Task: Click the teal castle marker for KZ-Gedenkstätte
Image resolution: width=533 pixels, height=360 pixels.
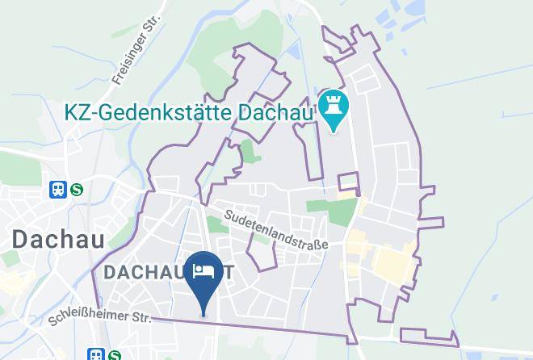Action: pyautogui.click(x=332, y=108)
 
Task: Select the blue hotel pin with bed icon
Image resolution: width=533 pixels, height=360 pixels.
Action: pyautogui.click(x=204, y=278)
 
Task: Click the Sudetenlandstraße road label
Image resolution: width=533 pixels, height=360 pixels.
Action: pyautogui.click(x=276, y=230)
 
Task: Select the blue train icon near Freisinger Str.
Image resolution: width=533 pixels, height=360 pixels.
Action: pyautogui.click(x=57, y=190)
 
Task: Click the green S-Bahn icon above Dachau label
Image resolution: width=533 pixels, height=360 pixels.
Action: pyautogui.click(x=77, y=190)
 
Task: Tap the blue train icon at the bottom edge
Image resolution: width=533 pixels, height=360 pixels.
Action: pyautogui.click(x=96, y=354)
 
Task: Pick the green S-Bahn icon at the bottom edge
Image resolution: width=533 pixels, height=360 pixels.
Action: pyautogui.click(x=115, y=354)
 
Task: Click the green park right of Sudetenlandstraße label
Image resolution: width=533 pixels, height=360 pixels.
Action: pyautogui.click(x=343, y=212)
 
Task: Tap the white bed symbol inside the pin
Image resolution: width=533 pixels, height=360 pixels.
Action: pyautogui.click(x=204, y=268)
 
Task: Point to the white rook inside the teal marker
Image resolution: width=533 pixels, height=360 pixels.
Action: pyautogui.click(x=332, y=104)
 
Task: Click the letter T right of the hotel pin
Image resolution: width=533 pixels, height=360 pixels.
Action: pyautogui.click(x=230, y=273)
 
